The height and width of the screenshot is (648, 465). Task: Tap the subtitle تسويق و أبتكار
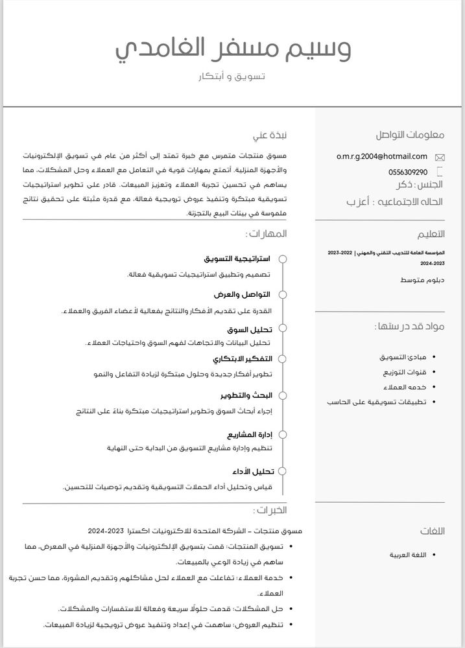(232, 77)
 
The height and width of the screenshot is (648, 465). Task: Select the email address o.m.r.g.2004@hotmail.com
(382, 156)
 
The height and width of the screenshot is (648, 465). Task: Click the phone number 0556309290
(407, 172)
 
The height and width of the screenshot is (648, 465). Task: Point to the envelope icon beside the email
(440, 157)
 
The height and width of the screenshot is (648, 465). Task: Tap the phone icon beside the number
(440, 172)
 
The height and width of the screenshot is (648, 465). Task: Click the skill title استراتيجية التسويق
(237, 259)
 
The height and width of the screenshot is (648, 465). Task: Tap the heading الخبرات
(270, 511)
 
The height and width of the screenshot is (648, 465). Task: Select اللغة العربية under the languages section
(408, 555)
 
